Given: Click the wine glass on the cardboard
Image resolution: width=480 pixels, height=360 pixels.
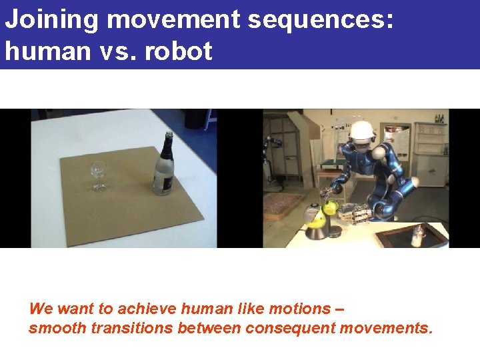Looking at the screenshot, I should (x=98, y=172).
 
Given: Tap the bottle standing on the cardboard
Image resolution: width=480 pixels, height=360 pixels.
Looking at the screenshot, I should (x=163, y=167).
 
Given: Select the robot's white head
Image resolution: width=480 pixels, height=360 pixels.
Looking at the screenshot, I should (x=362, y=133).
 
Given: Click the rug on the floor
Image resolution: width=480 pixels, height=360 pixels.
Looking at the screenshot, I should (x=283, y=203).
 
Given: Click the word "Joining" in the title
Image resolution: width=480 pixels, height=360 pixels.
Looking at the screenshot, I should (x=52, y=21).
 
